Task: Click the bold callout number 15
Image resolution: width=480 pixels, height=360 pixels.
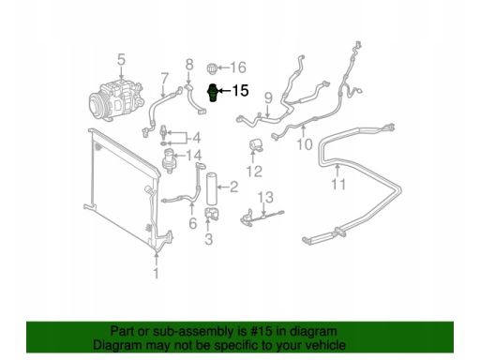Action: tap(240, 91)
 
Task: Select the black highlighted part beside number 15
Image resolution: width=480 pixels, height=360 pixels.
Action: tap(213, 93)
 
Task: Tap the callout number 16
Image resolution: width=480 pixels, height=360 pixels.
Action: tap(238, 67)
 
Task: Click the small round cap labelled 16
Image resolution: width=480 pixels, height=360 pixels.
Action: tap(212, 68)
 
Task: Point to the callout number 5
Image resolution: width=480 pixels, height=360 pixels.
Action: tap(121, 60)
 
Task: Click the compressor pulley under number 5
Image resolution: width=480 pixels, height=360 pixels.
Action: tap(97, 105)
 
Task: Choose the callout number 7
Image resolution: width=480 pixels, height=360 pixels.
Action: tap(164, 79)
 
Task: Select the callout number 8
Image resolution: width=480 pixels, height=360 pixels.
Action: tap(189, 65)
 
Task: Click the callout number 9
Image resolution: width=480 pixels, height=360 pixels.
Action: tap(268, 98)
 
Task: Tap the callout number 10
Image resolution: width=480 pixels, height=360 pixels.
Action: tap(305, 144)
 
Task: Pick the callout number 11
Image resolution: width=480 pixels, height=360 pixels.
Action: tap(338, 185)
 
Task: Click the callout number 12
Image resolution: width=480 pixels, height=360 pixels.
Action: tap(254, 172)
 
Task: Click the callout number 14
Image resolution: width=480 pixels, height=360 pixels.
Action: tap(194, 156)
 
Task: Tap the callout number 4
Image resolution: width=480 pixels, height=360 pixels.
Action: tap(197, 138)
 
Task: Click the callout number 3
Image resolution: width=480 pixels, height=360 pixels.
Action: tap(209, 239)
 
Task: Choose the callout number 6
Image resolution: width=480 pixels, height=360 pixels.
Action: tap(193, 223)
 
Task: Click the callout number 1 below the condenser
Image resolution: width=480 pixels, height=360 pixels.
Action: tap(157, 273)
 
